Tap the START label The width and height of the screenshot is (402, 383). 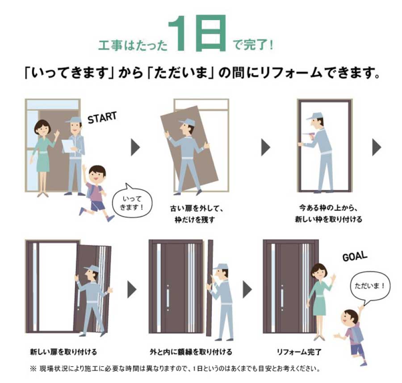102,118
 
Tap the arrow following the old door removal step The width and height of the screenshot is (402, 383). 266,147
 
